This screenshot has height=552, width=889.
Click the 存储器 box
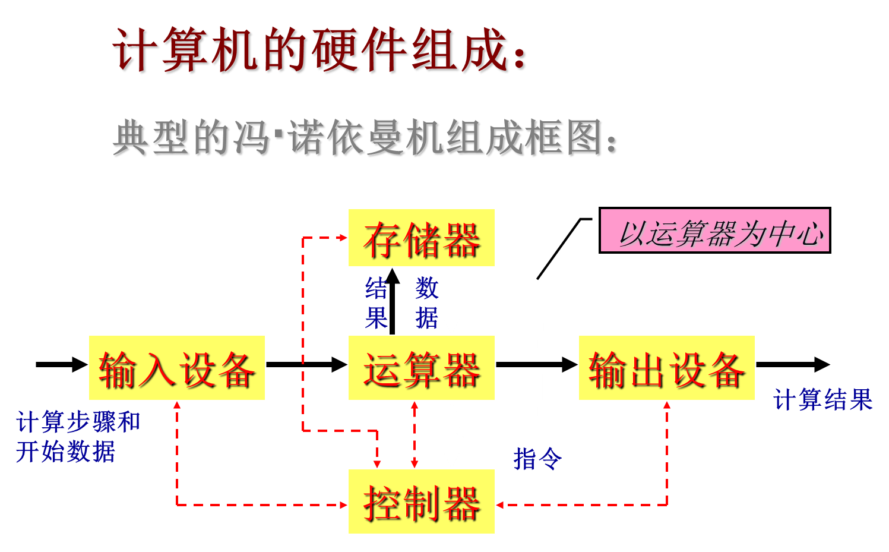coord(421,238)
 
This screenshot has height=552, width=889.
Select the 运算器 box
coord(421,368)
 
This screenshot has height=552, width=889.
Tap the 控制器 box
coord(421,501)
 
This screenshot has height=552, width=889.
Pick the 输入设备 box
coord(176,368)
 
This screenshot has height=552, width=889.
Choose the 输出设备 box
coord(666,368)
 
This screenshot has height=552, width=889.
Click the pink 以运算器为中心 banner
coord(714,231)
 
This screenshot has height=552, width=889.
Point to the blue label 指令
coord(537,459)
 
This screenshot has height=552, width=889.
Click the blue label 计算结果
coord(822,400)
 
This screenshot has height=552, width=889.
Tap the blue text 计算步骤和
coord(78,423)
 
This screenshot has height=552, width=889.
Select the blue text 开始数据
coord(65,452)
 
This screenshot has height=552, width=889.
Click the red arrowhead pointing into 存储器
coord(342,238)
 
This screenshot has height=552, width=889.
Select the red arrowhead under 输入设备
coord(176,406)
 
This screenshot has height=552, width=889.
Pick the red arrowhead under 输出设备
coord(667,406)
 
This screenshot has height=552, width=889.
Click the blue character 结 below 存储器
coord(377,289)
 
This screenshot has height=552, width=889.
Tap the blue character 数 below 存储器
coord(426,289)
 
